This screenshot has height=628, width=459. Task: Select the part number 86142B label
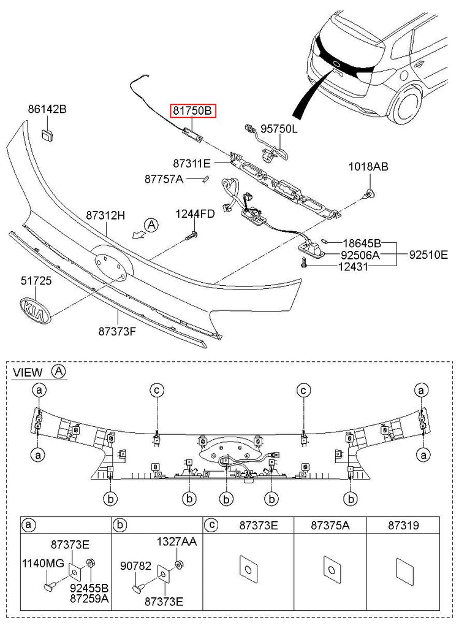(47, 110)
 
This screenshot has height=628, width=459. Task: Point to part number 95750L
(279, 129)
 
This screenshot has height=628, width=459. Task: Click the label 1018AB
(368, 166)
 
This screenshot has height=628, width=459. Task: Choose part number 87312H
(105, 216)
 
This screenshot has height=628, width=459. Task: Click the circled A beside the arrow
(152, 225)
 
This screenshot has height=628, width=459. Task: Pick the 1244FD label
(195, 214)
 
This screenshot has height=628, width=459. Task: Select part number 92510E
(428, 254)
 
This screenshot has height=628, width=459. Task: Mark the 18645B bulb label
(362, 243)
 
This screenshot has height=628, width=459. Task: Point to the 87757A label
(164, 179)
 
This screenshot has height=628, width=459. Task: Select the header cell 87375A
(330, 526)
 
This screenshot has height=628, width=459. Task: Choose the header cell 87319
(403, 526)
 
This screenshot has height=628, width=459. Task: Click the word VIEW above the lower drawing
(28, 372)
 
